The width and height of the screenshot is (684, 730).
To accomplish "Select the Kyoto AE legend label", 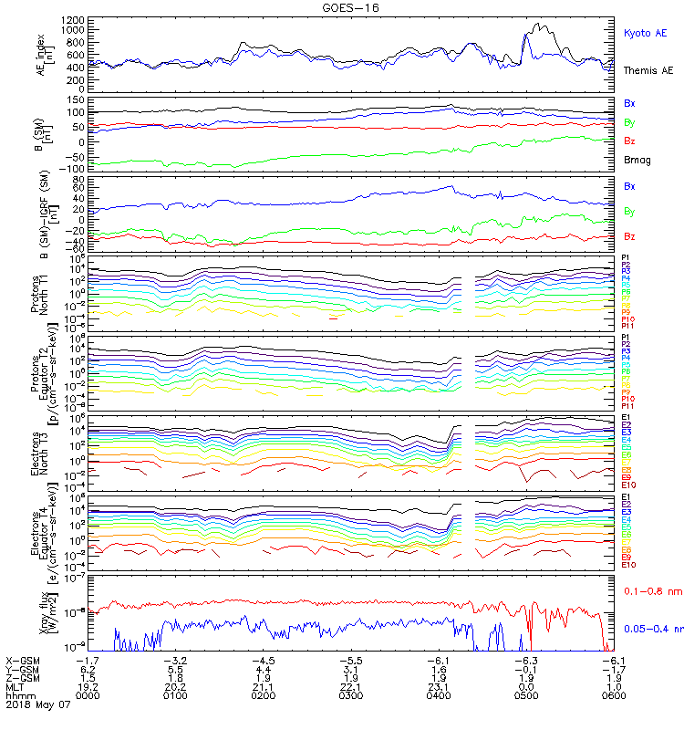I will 645,33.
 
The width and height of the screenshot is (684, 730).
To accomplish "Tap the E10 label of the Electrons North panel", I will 628,485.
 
